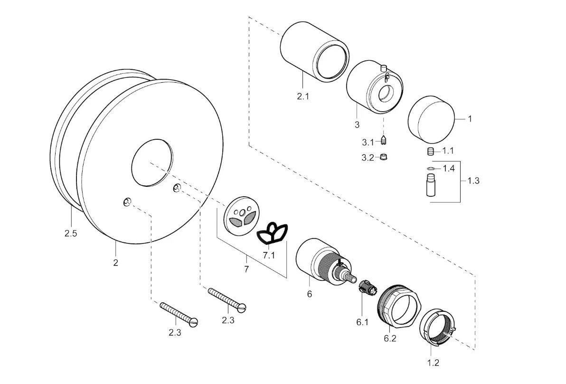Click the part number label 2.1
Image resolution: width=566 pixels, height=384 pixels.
[x=303, y=96]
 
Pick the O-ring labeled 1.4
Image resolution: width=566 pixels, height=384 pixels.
[x=431, y=168]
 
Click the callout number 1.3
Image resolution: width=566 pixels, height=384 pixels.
[x=473, y=181]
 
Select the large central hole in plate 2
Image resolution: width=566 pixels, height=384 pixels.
[x=151, y=163]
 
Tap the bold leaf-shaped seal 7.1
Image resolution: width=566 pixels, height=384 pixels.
[x=272, y=233]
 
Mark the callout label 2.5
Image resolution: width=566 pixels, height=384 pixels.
[x=70, y=233]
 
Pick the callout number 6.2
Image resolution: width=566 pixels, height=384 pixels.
[x=390, y=338]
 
